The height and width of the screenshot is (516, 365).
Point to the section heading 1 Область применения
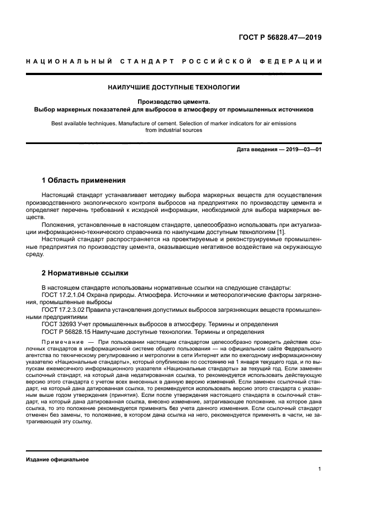pyautogui.click(x=83, y=180)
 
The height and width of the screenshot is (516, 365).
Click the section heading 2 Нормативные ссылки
pyautogui.click(x=84, y=273)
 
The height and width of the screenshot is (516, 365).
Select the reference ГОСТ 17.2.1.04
pyautogui.click(x=66, y=295)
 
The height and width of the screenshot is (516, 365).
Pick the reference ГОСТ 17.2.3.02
pyautogui.click(x=66, y=310)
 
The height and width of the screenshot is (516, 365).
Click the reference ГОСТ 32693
pyautogui.click(x=58, y=325)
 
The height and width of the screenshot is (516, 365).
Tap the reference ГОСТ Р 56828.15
pyautogui.click(x=67, y=332)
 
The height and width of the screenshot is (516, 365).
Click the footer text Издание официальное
pyautogui.click(x=54, y=459)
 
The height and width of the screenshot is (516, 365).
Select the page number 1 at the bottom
pyautogui.click(x=320, y=469)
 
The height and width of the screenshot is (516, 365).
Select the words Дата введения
pyautogui.click(x=255, y=150)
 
